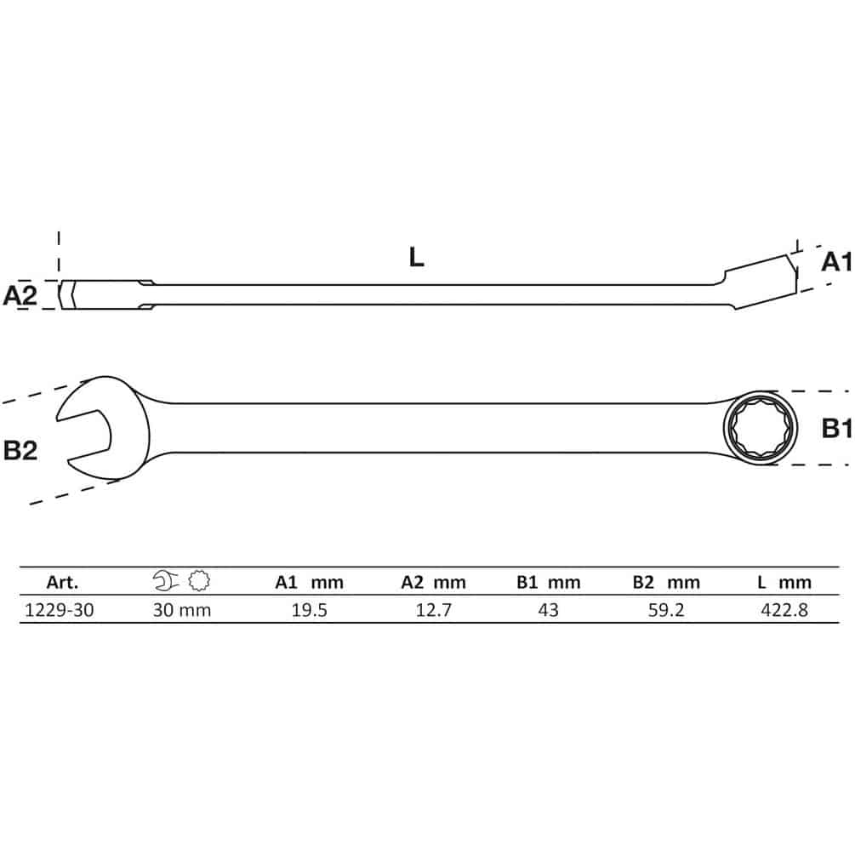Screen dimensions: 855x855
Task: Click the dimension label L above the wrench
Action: tap(416, 257)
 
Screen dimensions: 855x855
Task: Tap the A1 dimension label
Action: tap(837, 262)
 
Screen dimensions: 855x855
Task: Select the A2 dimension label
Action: tap(20, 295)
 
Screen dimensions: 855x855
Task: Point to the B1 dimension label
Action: tap(837, 429)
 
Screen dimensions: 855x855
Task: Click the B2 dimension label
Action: tap(20, 450)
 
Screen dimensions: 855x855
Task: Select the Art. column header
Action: tap(62, 583)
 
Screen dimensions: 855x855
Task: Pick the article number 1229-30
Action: tap(60, 610)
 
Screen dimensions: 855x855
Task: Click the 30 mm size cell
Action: tap(181, 610)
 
